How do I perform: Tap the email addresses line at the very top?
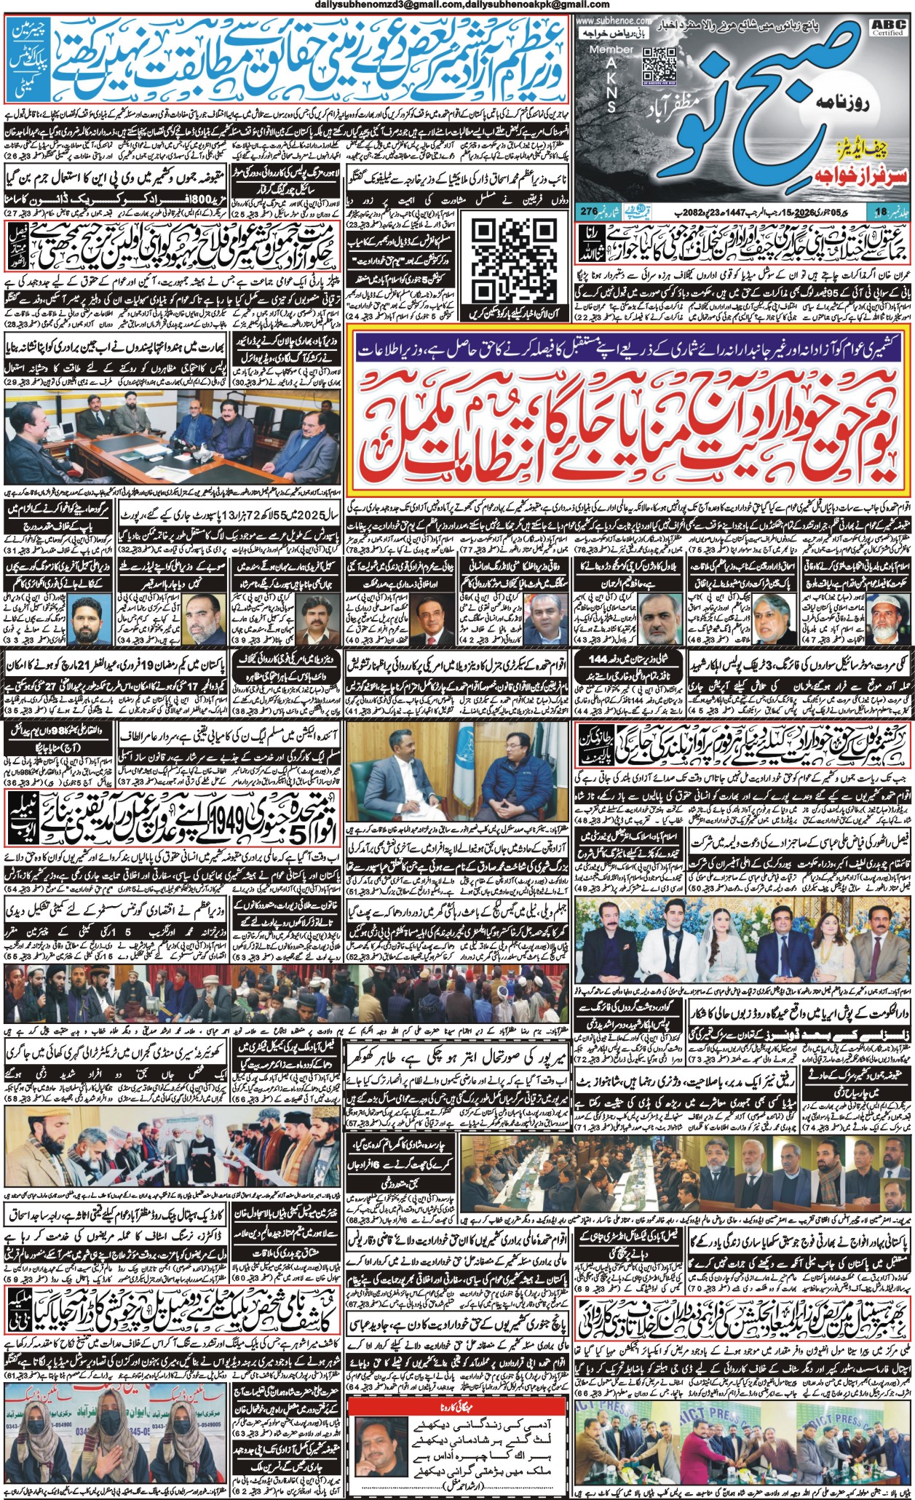[456, 6]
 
